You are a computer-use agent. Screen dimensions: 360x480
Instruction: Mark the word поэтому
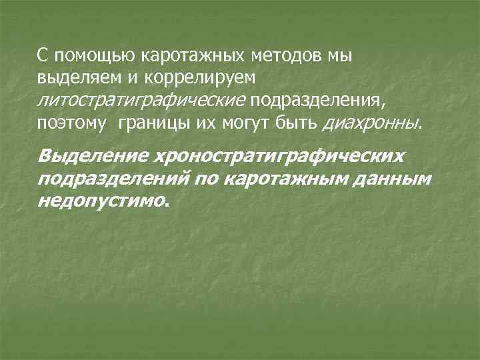click(71, 123)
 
